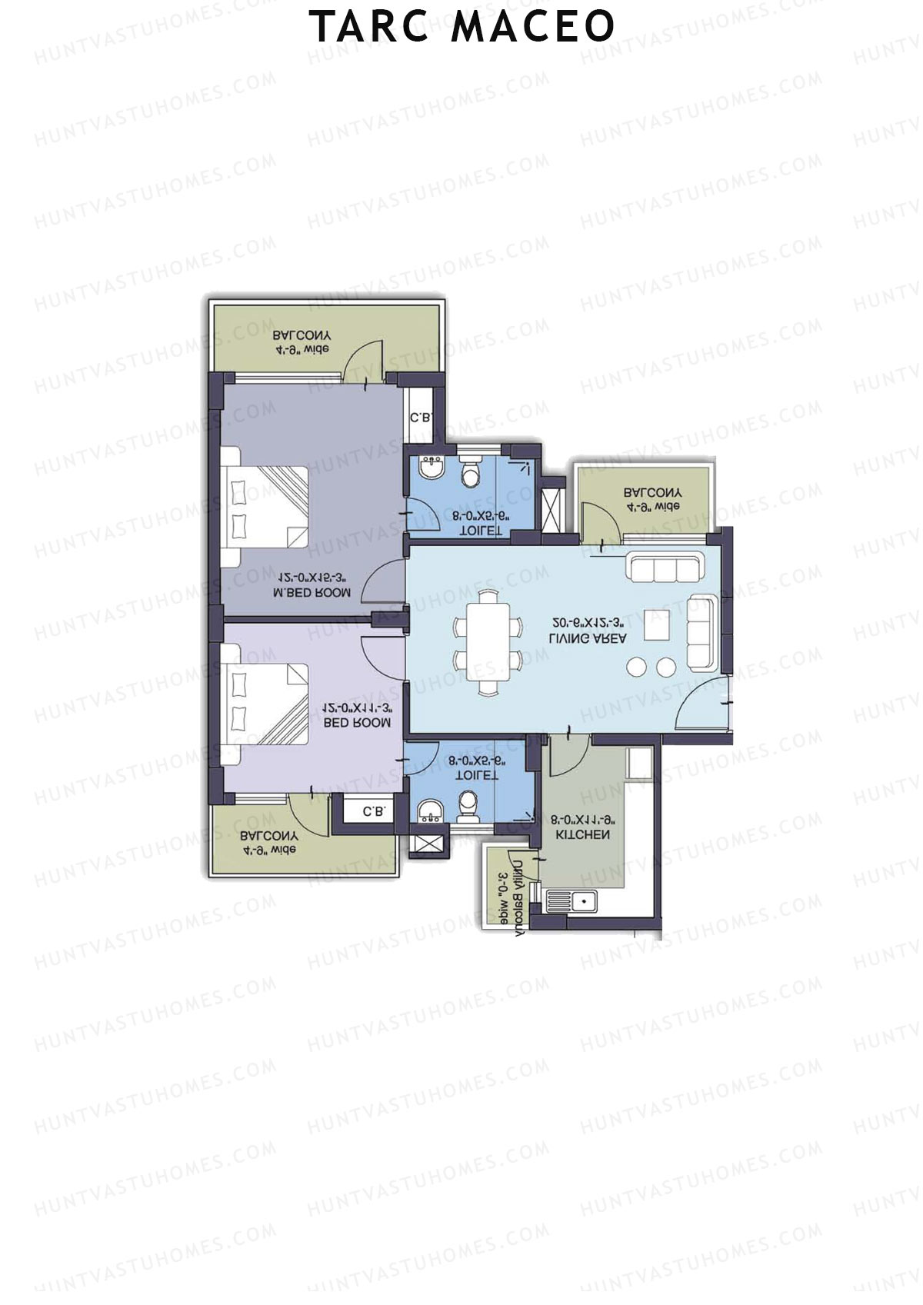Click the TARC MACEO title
tap(461, 26)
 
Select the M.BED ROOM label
tap(312, 593)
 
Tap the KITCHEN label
tap(582, 834)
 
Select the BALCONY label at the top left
tap(302, 336)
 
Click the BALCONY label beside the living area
tap(652, 493)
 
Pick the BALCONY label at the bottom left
tap(268, 836)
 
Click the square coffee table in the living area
tap(657, 624)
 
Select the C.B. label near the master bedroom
tap(421, 418)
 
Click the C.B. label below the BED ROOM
tap(373, 811)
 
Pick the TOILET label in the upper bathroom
tap(480, 531)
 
